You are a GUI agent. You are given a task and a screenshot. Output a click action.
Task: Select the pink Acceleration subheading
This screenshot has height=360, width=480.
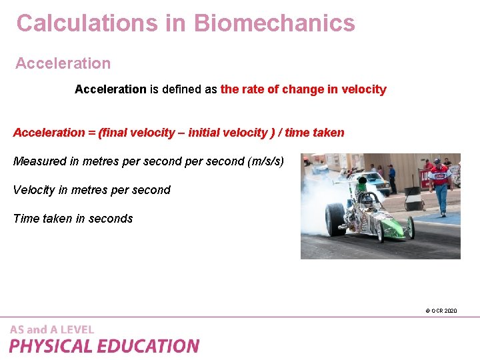[63, 63]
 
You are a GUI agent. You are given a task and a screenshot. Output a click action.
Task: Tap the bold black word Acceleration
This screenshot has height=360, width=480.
[110, 89]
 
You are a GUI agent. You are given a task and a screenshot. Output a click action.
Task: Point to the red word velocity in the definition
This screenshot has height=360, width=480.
[363, 89]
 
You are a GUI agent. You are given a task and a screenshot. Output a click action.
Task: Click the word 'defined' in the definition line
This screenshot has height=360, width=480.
[186, 89]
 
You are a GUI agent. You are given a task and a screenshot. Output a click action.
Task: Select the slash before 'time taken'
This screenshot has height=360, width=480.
[281, 133]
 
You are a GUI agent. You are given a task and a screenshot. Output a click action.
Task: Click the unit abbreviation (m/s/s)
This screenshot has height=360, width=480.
[265, 161]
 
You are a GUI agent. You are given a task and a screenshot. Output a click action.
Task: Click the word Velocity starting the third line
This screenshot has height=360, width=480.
[34, 190]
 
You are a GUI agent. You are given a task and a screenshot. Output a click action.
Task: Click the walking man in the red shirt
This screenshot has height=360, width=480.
[439, 183]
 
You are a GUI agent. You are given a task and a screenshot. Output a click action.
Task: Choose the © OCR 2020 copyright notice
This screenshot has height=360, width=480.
[441, 311]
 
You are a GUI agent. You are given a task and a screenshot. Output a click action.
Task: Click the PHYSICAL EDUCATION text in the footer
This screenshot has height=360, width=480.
[104, 346]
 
